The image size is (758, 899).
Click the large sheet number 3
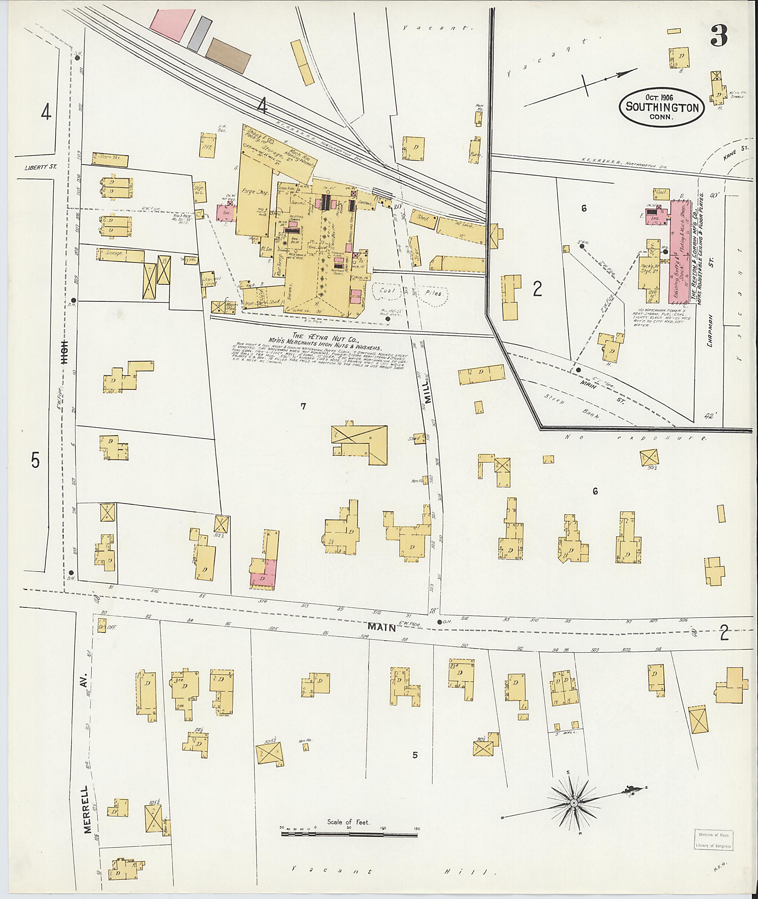pos(719,36)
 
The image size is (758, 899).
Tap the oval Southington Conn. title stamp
pos(662,107)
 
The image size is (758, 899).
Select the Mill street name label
pos(428,392)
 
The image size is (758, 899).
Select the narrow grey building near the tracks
pos(199,34)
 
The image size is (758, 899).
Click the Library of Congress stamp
pos(713,840)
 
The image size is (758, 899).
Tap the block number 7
pos(303,406)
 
